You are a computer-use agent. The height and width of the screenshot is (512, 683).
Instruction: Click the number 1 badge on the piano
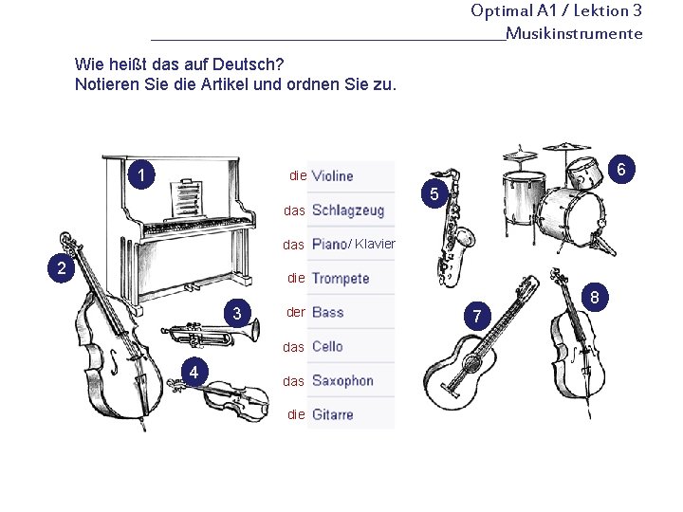[141, 175]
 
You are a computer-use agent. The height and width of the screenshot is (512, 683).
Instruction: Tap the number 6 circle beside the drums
[620, 169]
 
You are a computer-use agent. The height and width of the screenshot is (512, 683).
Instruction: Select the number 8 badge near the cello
[595, 298]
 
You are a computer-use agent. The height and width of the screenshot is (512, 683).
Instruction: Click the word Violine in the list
[332, 176]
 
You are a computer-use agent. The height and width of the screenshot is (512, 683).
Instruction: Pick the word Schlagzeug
[348, 210]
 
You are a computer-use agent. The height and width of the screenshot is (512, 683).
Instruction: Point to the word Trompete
[341, 278]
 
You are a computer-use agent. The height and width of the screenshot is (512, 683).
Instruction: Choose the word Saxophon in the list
[342, 381]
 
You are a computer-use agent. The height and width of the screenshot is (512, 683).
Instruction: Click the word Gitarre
[332, 414]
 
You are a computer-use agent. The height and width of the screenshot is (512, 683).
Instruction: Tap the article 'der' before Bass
[296, 312]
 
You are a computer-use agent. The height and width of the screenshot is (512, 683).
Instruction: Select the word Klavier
[375, 244]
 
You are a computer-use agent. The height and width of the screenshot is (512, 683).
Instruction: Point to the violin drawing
[219, 399]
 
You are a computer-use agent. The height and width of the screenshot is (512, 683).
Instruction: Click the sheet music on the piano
[188, 198]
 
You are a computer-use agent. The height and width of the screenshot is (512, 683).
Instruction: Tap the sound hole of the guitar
[471, 362]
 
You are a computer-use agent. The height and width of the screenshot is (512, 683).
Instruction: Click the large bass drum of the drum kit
[571, 217]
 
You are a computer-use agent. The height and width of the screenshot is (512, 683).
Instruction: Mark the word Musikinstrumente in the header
[574, 33]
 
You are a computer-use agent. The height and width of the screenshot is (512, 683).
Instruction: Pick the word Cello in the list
[327, 347]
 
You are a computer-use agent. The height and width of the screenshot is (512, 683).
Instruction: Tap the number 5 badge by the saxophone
[434, 193]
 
